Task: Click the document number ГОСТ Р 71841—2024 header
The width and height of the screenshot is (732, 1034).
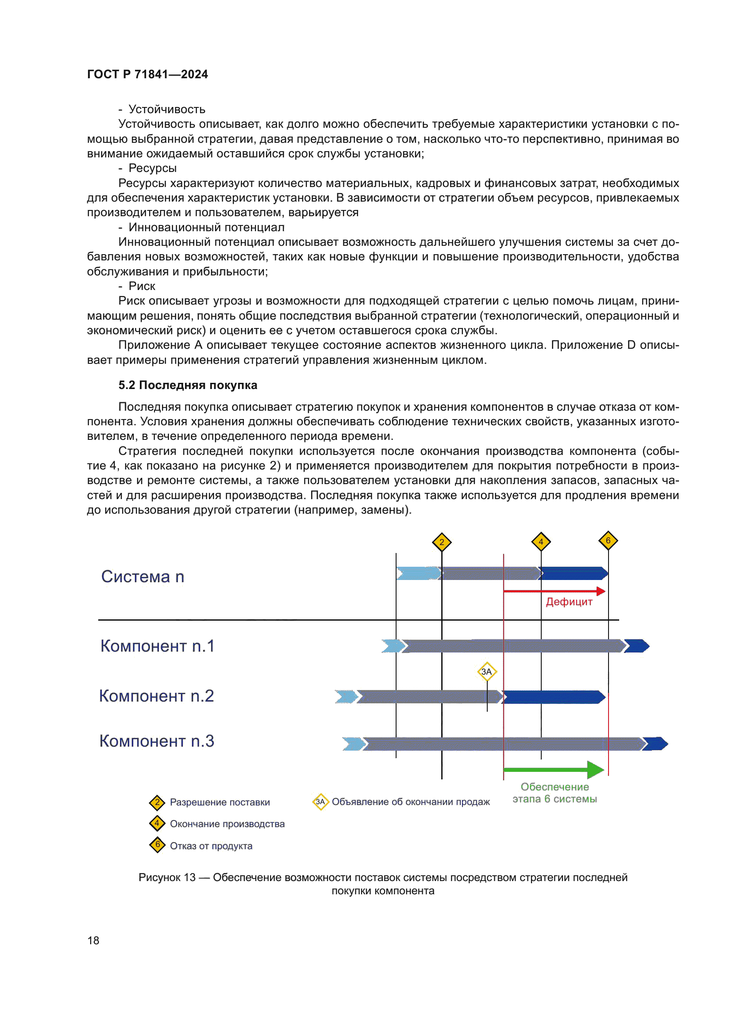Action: click(147, 74)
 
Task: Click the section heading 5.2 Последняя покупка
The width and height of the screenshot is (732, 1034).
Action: click(188, 385)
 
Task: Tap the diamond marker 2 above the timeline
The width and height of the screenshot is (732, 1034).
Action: click(441, 542)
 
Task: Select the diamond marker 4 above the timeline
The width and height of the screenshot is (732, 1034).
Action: click(540, 542)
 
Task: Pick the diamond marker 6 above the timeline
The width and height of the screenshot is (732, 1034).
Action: click(608, 540)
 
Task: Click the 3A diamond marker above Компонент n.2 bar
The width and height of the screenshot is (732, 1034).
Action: click(486, 672)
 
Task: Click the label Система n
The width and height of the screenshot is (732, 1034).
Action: click(143, 576)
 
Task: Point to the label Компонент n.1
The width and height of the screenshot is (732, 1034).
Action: click(157, 646)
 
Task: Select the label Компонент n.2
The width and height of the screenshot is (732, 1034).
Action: click(156, 696)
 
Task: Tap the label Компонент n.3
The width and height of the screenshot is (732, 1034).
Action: click(156, 741)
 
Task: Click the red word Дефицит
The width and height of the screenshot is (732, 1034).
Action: click(569, 602)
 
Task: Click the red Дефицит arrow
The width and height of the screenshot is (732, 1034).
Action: click(554, 591)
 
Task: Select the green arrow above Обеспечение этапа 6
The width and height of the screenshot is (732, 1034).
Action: click(554, 770)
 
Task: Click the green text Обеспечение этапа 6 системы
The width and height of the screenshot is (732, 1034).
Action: click(555, 793)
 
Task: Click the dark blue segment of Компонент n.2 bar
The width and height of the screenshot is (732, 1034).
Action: click(554, 697)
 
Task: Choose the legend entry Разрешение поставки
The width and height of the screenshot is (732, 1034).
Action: click(220, 802)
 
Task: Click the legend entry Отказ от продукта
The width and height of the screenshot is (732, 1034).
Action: click(211, 846)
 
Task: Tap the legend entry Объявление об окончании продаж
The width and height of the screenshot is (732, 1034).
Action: click(410, 801)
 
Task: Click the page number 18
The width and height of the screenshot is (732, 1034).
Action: click(93, 940)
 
